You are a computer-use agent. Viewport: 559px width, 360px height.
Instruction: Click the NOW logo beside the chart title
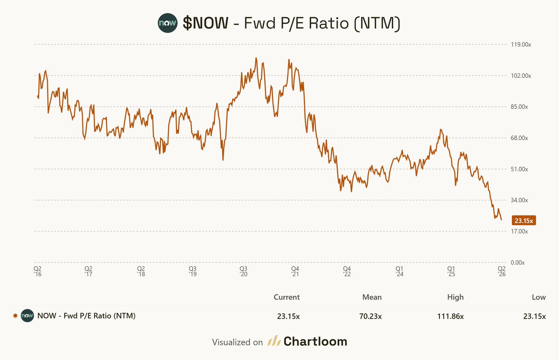point(167,23)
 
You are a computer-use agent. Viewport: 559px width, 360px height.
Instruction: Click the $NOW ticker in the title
point(205,23)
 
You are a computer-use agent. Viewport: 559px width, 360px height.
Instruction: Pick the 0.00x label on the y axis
point(518,263)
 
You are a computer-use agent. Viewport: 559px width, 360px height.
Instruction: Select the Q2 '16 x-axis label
point(37,272)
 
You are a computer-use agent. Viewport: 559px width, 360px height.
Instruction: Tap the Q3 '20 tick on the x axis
point(243,272)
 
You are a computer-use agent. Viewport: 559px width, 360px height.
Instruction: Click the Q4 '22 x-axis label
point(347,272)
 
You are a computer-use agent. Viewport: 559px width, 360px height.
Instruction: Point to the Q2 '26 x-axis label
point(501,272)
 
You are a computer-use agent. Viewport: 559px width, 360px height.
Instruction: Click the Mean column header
point(372,297)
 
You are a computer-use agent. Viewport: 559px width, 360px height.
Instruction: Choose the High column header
point(455,297)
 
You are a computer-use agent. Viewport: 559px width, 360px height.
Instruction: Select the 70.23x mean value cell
point(372,316)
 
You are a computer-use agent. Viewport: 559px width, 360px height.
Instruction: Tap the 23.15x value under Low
point(534,316)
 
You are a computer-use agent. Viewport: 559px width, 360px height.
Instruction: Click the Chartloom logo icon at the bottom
point(273,341)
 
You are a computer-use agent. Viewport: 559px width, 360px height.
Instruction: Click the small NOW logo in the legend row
point(27,316)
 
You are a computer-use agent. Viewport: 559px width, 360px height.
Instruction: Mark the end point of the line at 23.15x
point(501,220)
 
